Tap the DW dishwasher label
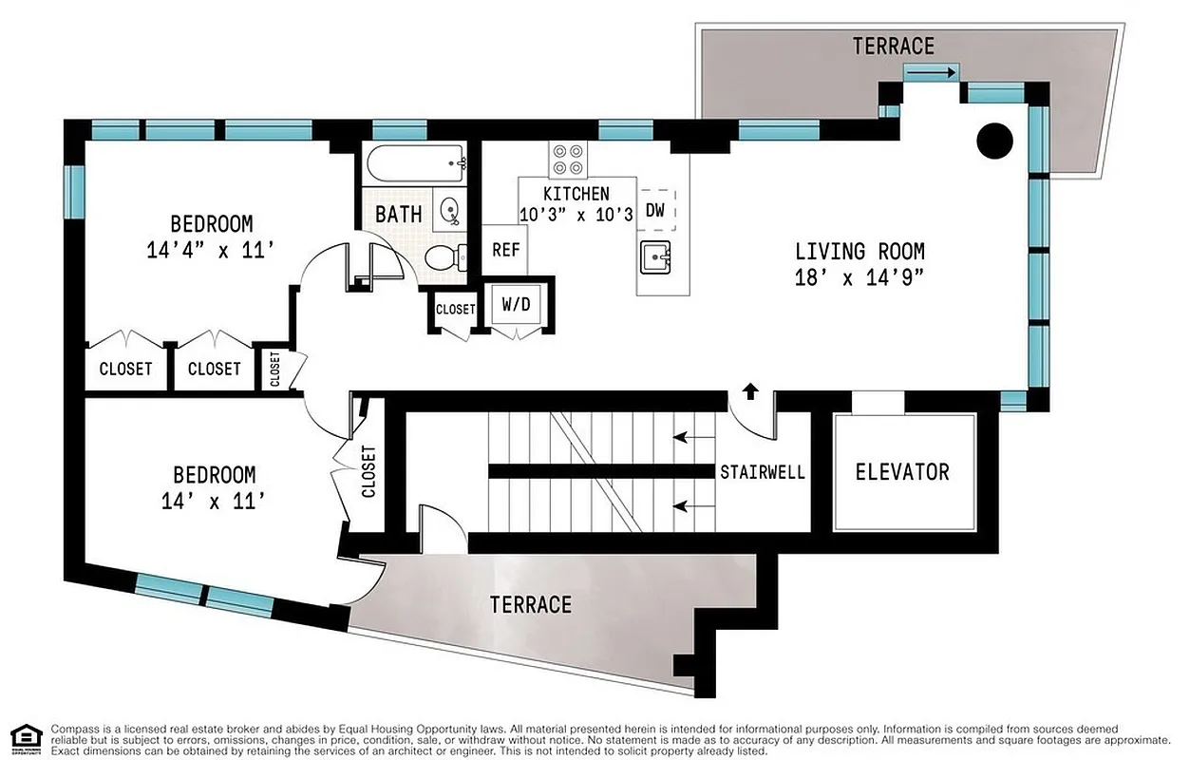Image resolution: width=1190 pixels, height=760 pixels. (x=655, y=210)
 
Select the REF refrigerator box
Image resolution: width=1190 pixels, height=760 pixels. (x=505, y=251)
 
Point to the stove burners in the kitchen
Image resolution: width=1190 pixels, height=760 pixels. (x=568, y=159)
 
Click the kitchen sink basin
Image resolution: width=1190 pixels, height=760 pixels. (x=656, y=256)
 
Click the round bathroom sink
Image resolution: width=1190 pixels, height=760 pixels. (x=448, y=209)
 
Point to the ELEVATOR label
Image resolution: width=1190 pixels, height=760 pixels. (x=902, y=472)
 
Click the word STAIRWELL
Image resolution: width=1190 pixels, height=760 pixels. (x=763, y=472)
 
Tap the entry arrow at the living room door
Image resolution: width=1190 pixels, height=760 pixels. (x=750, y=389)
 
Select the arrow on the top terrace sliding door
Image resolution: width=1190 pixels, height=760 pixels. (x=931, y=72)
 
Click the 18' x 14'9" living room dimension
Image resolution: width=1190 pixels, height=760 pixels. (x=859, y=277)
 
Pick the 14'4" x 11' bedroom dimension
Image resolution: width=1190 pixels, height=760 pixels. (x=211, y=251)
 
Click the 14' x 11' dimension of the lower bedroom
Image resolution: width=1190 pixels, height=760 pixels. (x=213, y=501)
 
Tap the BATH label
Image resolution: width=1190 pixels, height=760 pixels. (x=399, y=214)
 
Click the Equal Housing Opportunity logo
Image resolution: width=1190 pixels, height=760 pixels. (x=27, y=739)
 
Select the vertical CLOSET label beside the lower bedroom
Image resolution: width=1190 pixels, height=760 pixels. (x=369, y=472)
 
